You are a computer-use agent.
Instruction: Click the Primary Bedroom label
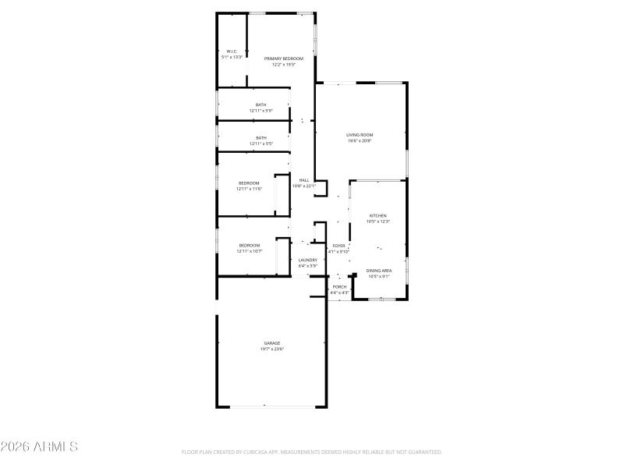tap(282, 58)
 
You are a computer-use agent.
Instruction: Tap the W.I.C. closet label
tap(232, 51)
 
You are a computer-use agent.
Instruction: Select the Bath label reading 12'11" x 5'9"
tap(261, 105)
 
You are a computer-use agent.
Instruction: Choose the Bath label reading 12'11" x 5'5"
tap(261, 138)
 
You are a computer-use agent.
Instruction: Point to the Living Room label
tap(360, 135)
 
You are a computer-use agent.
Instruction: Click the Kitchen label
tap(378, 215)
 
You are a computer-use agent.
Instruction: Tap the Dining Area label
tap(379, 271)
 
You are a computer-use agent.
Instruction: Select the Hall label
tap(304, 180)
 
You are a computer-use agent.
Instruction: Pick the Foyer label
tap(339, 246)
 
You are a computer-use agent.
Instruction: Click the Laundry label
tap(307, 260)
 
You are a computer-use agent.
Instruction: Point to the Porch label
tap(339, 286)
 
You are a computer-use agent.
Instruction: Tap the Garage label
tap(271, 343)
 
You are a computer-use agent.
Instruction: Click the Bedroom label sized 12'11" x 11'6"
tap(249, 183)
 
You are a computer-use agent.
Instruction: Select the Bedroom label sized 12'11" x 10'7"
tap(249, 246)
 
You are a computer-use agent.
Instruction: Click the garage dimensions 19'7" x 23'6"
tap(271, 349)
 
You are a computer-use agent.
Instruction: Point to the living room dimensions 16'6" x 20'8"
tap(360, 141)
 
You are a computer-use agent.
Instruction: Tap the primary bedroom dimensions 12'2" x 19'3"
tap(282, 65)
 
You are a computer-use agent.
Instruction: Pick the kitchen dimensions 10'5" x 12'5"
tap(378, 222)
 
